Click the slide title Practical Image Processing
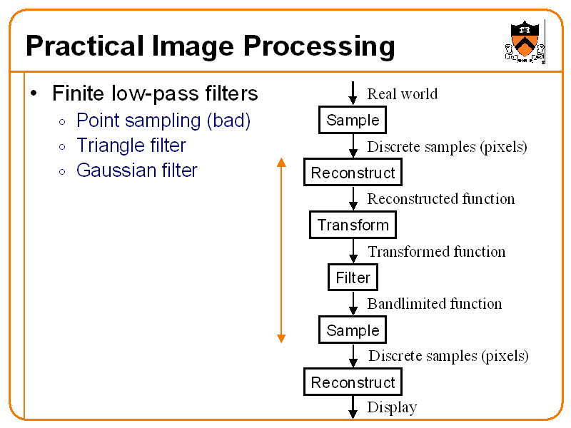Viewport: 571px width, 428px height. [210, 46]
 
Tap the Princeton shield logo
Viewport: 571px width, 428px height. [525, 41]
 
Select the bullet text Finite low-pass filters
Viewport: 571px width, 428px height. [155, 93]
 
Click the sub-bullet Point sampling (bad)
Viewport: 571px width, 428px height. [163, 120]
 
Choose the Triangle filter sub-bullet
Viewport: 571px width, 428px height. [131, 146]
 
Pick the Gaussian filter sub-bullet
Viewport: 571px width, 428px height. [136, 170]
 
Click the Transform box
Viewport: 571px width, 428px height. [353, 225]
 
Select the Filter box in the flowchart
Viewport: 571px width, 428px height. [353, 277]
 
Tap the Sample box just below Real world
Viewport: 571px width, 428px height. [353, 120]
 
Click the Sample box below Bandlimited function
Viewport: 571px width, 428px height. [353, 330]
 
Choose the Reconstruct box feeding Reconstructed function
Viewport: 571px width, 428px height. [353, 173]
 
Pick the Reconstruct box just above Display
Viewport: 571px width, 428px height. [353, 382]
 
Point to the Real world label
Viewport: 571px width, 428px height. [402, 93]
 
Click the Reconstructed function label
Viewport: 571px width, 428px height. [440, 199]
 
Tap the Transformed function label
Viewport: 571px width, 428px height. [436, 252]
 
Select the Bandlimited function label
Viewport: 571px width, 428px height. [434, 304]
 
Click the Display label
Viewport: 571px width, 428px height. [392, 407]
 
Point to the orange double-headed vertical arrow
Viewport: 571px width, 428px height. [281, 250]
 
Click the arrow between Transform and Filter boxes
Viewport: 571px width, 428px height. [353, 251]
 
